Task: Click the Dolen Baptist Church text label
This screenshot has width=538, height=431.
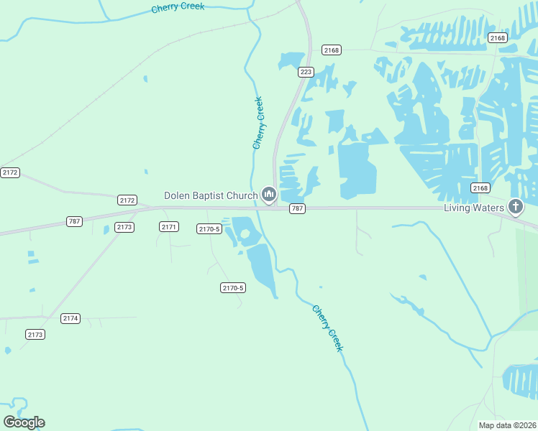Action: [211, 195]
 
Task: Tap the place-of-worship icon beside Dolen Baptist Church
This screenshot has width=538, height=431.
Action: [269, 195]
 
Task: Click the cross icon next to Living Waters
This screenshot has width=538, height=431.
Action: [515, 208]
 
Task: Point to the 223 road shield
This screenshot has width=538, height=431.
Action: [306, 72]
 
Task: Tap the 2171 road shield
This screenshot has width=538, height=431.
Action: [169, 227]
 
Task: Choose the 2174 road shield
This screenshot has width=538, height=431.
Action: [70, 318]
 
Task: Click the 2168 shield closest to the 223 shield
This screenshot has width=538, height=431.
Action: [332, 50]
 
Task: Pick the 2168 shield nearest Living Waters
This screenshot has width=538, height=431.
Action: [480, 188]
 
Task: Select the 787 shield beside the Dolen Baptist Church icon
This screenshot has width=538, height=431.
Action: [297, 208]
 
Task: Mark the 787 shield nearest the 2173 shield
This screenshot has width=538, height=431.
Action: [73, 221]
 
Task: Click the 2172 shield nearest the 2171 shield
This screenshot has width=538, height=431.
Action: [127, 200]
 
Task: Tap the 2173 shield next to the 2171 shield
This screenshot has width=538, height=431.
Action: [124, 227]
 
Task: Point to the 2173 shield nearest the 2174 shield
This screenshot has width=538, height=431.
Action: [35, 335]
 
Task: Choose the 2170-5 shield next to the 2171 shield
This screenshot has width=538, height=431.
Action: [209, 229]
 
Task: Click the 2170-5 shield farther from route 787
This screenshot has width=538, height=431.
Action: [233, 288]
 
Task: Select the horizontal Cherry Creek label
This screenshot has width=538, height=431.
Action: [178, 8]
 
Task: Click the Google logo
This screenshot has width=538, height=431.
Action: [24, 422]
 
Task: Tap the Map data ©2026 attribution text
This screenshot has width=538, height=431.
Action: [506, 425]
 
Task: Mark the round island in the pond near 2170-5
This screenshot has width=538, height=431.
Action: [245, 235]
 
